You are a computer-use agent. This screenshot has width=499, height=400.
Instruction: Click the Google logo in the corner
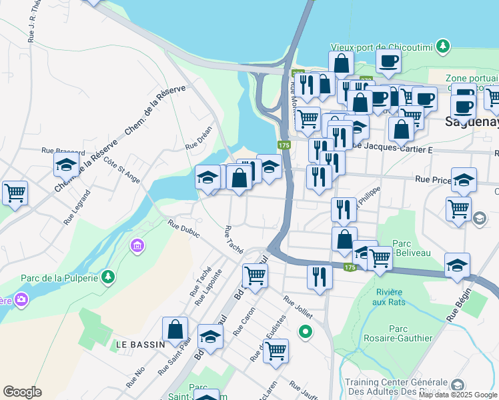[x=23, y=392]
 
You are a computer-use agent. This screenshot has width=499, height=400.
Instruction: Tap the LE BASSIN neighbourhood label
[x=140, y=344]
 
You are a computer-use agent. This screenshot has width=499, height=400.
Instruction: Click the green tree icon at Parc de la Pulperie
[x=107, y=276]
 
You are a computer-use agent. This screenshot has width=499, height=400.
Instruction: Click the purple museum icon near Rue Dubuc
[x=137, y=246]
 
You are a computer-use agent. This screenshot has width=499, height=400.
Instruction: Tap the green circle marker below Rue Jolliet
[x=306, y=331]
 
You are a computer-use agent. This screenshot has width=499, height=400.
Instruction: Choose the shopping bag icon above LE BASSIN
[x=175, y=329]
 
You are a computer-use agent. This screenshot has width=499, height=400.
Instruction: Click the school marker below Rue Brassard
[x=67, y=164]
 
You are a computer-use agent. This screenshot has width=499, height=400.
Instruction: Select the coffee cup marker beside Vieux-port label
[x=388, y=61]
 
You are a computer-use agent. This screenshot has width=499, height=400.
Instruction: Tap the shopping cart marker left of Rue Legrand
[x=15, y=193]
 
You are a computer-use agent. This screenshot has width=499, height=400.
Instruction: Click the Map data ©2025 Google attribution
[x=458, y=395]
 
